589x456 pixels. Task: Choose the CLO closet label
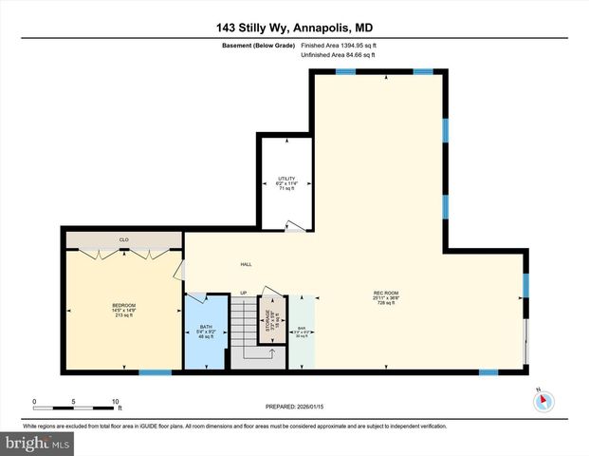pos(123,239)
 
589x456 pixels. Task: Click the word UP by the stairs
pos(244,293)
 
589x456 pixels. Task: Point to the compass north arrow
pos(543,400)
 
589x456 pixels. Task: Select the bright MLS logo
pos(37,443)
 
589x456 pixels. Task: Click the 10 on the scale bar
pos(115,401)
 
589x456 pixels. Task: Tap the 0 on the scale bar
pos(34,401)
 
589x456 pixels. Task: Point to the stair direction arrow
pos(272,353)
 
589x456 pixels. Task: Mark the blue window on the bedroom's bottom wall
pos(149,371)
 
